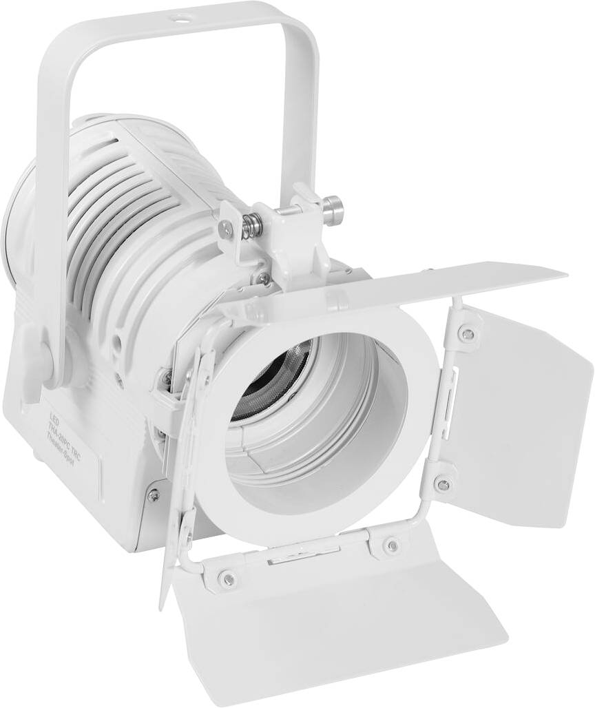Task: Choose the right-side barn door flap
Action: [523, 413]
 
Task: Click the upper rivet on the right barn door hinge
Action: [469, 334]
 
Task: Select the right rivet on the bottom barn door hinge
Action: [391, 545]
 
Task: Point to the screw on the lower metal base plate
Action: [153, 494]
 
